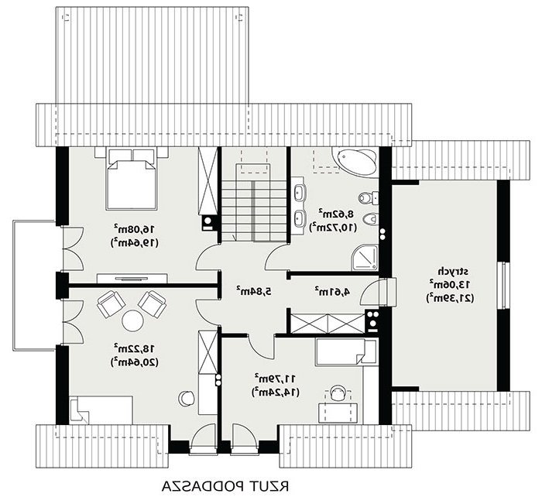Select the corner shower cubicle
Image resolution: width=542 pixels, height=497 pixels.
[365, 259]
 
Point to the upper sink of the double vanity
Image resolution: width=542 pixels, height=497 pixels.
[299, 192]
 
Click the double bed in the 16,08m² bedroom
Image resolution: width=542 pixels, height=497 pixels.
[132, 179]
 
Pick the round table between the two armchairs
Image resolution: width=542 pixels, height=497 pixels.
[132, 320]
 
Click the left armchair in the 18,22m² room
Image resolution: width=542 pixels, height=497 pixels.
[111, 304]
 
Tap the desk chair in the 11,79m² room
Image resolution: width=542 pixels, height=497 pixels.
[338, 392]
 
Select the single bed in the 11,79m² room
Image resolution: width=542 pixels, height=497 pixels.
[345, 351]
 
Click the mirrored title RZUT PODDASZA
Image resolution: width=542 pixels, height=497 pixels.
[225, 485]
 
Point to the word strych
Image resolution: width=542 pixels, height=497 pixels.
[450, 272]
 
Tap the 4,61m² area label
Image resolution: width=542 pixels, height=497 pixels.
[332, 291]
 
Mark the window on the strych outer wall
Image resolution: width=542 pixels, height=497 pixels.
[503, 285]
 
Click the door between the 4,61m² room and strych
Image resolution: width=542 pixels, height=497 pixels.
[378, 292]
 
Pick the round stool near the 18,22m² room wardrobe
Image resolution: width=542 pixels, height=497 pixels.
[187, 398]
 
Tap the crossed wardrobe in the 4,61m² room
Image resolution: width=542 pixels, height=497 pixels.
[328, 324]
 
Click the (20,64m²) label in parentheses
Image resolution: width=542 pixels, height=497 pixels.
[135, 362]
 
